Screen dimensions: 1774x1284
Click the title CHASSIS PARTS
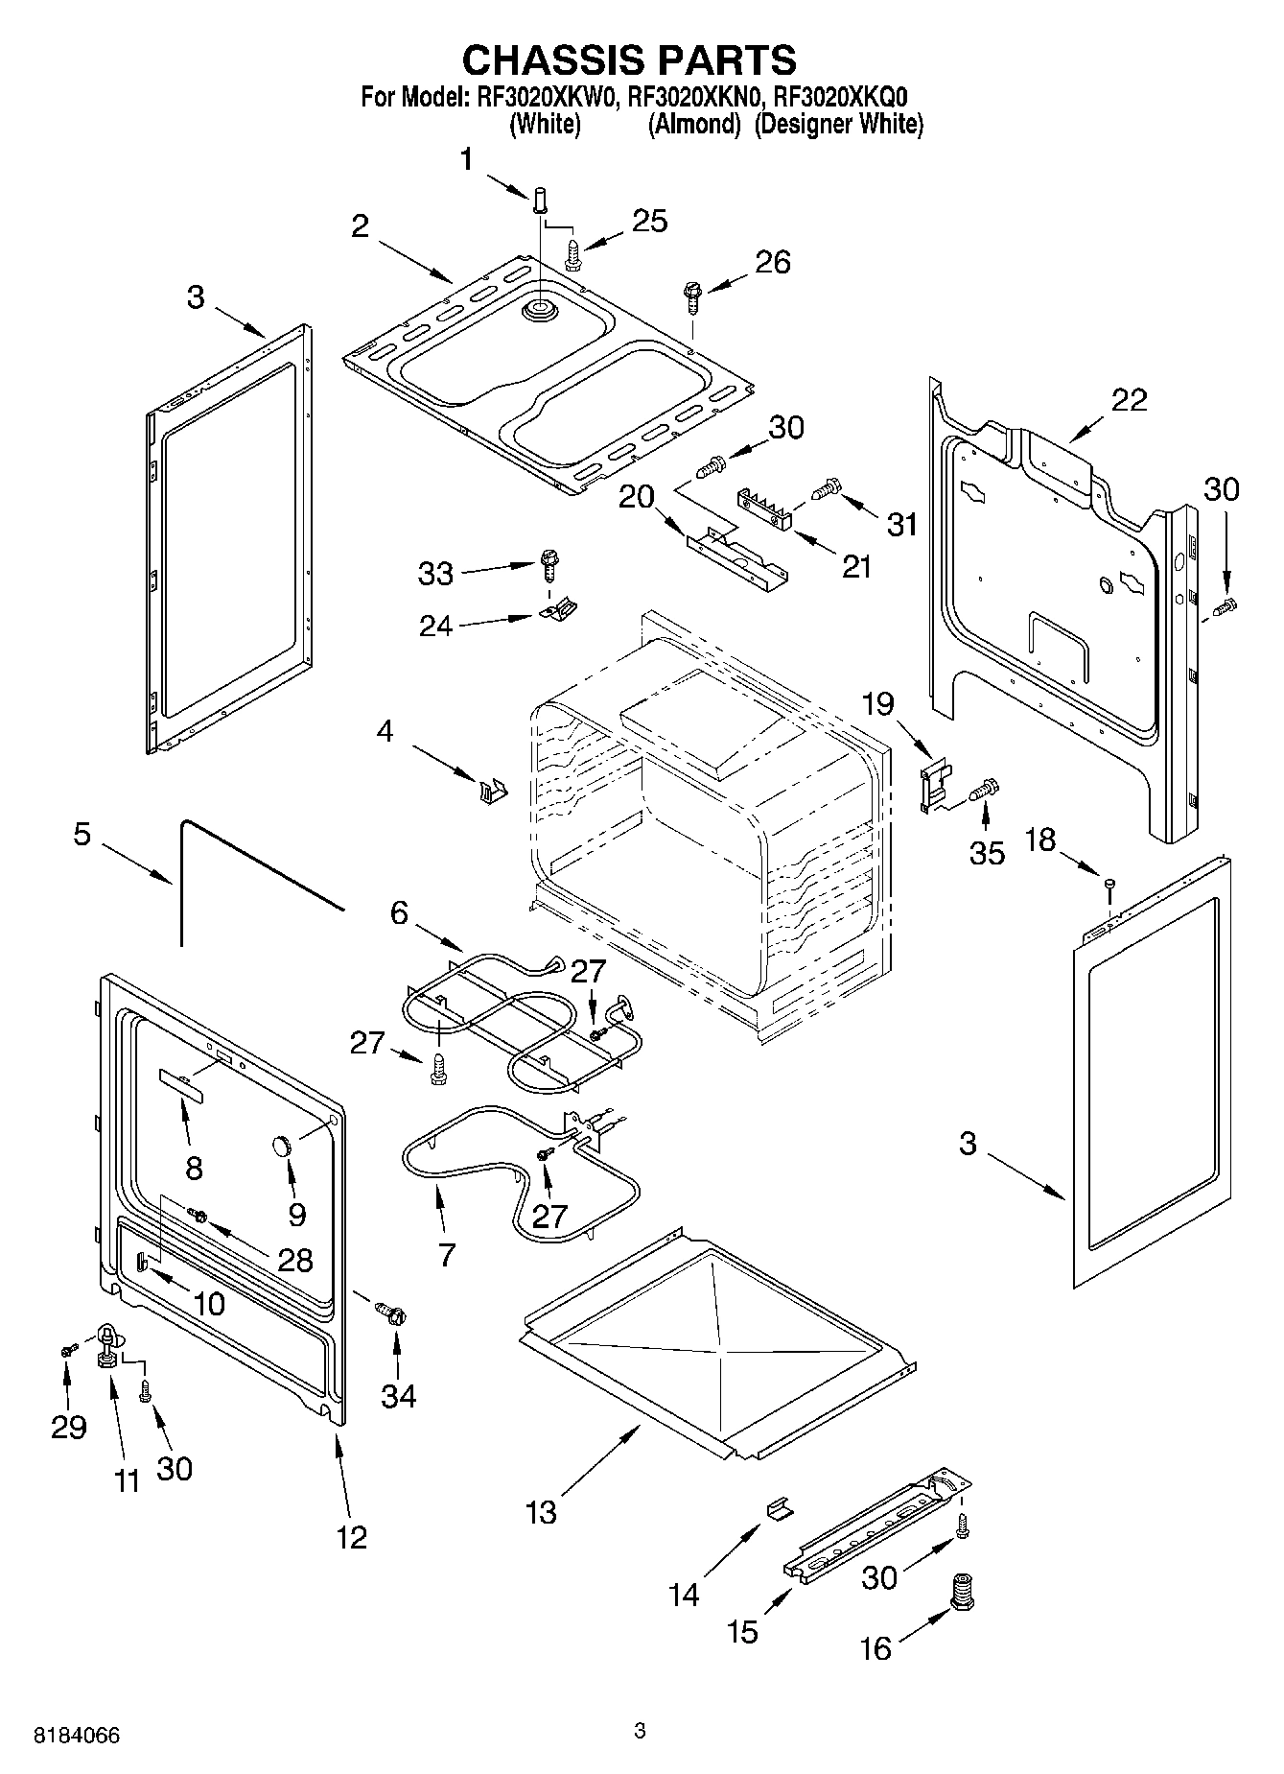point(629,59)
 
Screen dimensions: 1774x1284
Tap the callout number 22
point(1128,400)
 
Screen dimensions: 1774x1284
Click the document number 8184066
point(77,1736)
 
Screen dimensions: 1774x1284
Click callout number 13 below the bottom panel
point(541,1512)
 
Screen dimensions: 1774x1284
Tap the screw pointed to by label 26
point(691,296)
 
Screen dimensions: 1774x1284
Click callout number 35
point(987,852)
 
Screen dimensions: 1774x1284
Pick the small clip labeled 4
point(492,791)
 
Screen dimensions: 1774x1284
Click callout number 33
point(435,574)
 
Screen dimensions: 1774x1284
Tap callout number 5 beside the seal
point(82,834)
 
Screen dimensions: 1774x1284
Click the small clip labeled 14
point(779,1509)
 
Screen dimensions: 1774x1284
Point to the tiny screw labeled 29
point(66,1350)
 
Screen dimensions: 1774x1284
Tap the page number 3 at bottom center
point(641,1731)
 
